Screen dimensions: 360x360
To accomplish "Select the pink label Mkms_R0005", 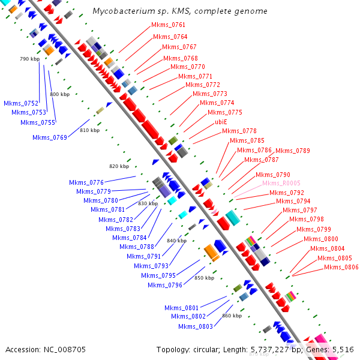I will click(281, 183).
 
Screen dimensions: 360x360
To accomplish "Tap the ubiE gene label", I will click(221, 122).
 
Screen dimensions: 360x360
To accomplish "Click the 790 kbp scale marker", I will click(29, 59).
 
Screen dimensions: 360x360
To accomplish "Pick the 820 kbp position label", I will click(119, 166).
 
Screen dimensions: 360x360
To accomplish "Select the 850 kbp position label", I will click(204, 278).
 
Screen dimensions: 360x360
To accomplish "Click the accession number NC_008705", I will click(63, 349).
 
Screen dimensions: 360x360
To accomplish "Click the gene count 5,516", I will click(343, 349).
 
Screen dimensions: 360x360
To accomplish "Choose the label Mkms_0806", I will click(341, 267).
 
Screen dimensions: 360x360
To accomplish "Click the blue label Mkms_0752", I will click(21, 103).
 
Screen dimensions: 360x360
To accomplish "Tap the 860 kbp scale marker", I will click(232, 315).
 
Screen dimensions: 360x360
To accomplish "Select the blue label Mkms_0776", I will click(86, 182).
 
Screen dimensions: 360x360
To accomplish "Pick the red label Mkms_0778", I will click(239, 131).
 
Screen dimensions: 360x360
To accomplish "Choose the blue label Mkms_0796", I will click(165, 285).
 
